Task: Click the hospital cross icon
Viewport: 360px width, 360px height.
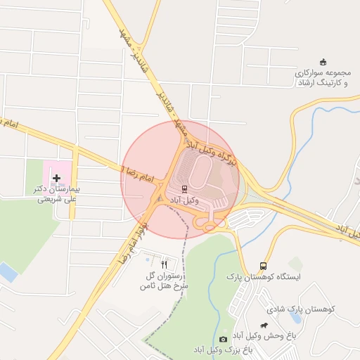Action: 56,179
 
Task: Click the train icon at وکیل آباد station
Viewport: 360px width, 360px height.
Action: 184,188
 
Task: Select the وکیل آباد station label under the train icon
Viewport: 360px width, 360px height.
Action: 185,200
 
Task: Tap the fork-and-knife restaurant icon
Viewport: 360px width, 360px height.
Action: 165,265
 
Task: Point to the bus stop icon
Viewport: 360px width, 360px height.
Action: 263,266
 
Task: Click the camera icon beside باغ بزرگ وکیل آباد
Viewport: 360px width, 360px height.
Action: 224,339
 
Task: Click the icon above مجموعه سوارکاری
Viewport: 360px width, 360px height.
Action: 323,61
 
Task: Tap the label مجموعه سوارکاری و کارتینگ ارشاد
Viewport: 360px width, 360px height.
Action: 323,77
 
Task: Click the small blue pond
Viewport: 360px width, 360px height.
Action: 7,271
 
